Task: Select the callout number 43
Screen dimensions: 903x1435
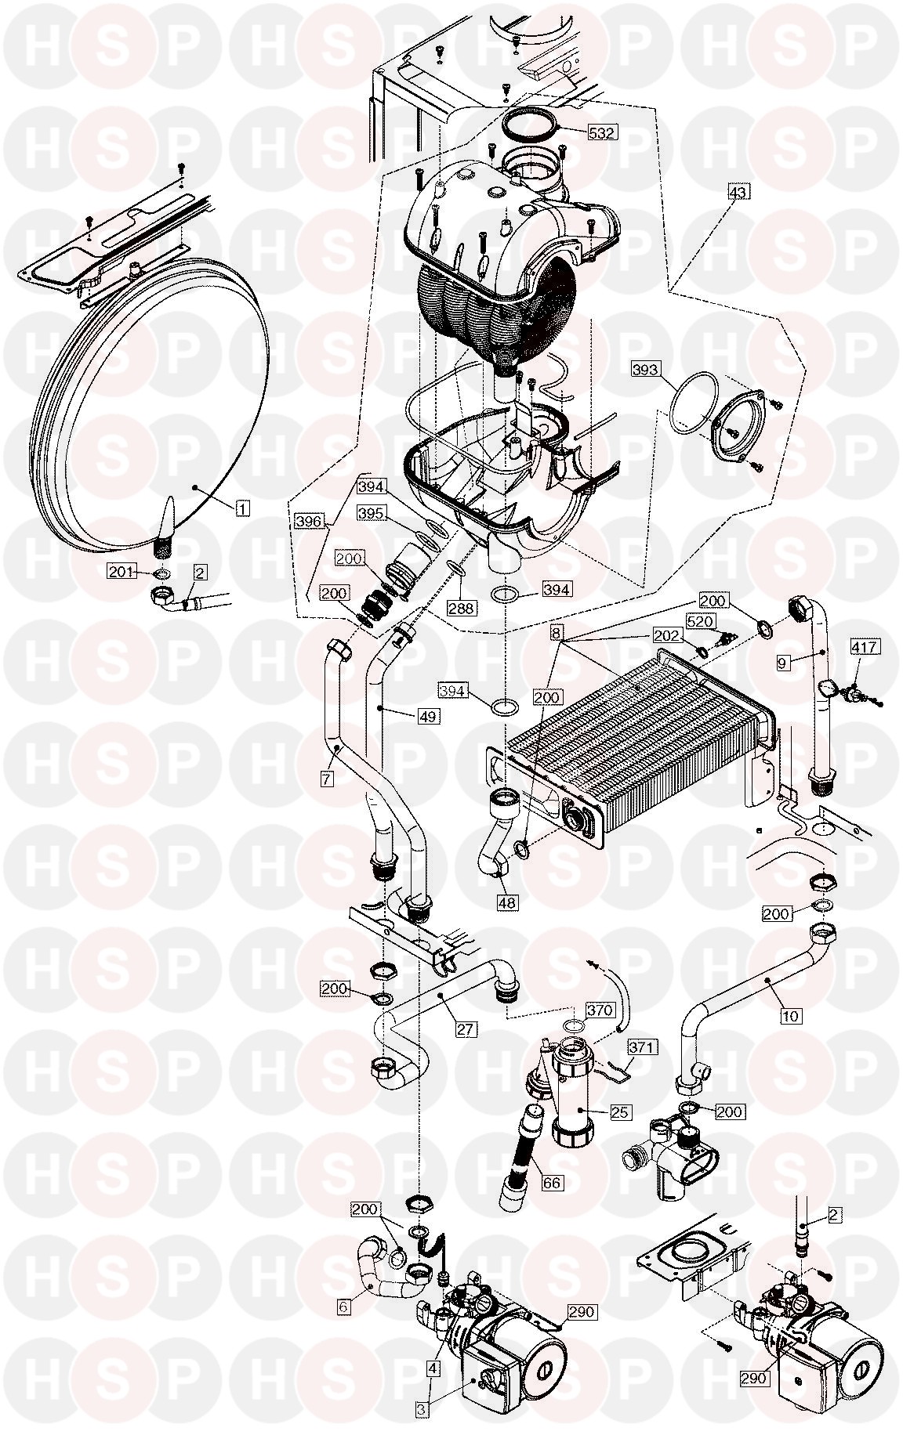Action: click(739, 192)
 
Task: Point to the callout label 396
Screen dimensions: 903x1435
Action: click(309, 519)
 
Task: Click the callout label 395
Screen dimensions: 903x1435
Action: click(371, 512)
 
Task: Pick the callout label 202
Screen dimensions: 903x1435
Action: click(667, 636)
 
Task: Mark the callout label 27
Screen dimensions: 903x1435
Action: click(465, 1028)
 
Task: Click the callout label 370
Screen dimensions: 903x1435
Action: click(601, 1010)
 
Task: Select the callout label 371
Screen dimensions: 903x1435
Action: click(642, 1046)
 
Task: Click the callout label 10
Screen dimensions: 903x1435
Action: click(791, 1016)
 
